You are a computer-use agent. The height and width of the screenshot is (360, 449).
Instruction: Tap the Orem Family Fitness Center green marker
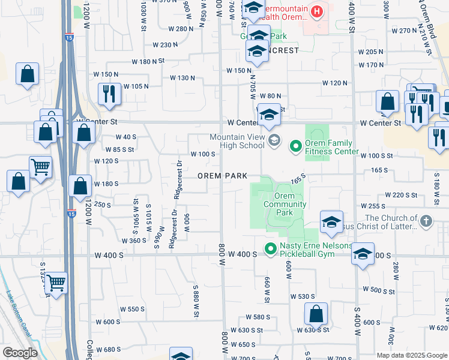click(295, 146)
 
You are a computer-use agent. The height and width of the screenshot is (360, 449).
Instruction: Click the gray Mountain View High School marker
click(274, 140)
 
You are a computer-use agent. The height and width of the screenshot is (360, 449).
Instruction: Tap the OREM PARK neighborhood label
click(223, 176)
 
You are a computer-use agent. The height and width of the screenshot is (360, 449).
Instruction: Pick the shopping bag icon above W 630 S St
click(316, 313)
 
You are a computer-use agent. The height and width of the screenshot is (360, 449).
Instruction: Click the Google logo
click(20, 353)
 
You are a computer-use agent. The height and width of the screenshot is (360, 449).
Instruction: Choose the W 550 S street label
click(132, 309)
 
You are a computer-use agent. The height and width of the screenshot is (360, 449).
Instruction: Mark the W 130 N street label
click(182, 78)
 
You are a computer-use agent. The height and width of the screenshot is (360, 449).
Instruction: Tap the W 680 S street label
click(108, 349)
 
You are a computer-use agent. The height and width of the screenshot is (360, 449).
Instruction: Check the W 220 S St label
click(400, 195)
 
